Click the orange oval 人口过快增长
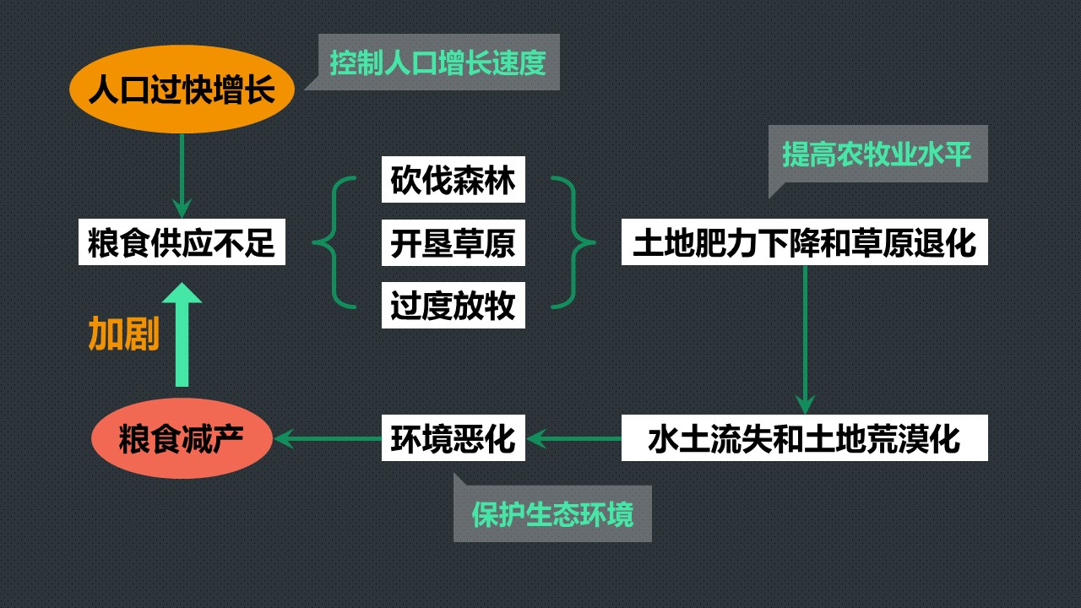181,90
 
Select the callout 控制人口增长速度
437,62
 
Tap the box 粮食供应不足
182,243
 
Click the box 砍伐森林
453,179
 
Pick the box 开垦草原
453,243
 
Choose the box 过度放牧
453,305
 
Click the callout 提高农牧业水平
877,154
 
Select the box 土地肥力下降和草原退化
804,243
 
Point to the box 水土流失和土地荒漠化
804,438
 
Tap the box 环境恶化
453,438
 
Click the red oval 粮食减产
182,438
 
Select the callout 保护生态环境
553,515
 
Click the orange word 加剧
124,335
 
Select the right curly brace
574,243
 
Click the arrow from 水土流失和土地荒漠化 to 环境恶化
574,438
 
